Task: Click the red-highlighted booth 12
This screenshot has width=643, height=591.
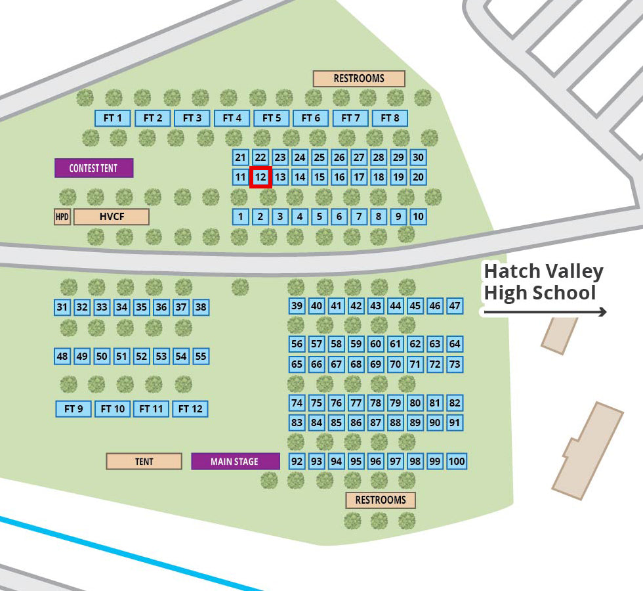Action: (x=260, y=177)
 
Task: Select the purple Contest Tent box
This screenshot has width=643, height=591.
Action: (x=94, y=168)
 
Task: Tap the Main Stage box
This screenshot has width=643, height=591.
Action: (x=235, y=462)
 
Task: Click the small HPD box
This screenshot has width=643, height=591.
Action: (x=62, y=217)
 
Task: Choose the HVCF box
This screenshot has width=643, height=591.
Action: (x=112, y=217)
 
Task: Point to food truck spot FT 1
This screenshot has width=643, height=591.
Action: (x=113, y=118)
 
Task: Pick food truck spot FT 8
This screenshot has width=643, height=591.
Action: (x=390, y=118)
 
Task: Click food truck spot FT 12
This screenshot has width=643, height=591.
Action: (x=190, y=409)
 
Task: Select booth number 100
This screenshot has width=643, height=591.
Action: (x=457, y=462)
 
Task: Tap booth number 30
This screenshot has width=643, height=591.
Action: (x=418, y=158)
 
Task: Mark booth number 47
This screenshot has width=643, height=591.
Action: (x=455, y=306)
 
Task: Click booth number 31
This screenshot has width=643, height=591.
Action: (x=62, y=307)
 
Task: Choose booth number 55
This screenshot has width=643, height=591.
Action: (x=201, y=357)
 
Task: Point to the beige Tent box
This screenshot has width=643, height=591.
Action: (x=144, y=462)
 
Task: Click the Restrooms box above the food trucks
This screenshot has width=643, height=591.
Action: (x=359, y=79)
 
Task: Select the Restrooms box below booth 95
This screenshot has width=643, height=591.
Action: (x=381, y=500)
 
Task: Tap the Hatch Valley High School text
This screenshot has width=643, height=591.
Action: (x=543, y=282)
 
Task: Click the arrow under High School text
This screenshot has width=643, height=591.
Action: (x=545, y=313)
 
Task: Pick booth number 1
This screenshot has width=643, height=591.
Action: (x=241, y=217)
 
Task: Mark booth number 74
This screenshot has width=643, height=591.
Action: (x=297, y=403)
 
